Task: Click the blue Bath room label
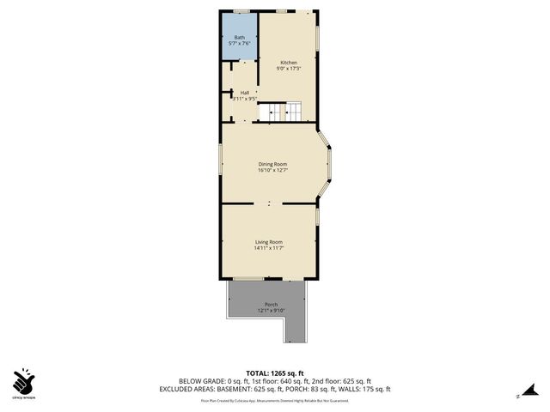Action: tap(240, 37)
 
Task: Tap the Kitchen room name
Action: tap(289, 63)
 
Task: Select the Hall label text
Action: tap(245, 93)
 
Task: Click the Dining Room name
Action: tap(272, 164)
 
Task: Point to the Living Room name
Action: tap(268, 242)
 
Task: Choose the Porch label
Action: tap(271, 305)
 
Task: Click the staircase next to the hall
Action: tap(283, 111)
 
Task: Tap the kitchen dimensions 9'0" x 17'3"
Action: tap(289, 69)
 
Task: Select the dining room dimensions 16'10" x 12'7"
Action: tap(272, 170)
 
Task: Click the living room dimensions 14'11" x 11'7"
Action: tap(268, 248)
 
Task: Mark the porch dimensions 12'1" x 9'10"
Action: tap(271, 311)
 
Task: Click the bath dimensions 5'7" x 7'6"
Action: tap(240, 43)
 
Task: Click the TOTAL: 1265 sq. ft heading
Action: tap(274, 373)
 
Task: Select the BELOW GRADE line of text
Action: tap(274, 380)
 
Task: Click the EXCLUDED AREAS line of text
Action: tap(274, 388)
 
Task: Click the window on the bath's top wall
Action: tap(241, 11)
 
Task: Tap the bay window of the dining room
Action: tap(327, 163)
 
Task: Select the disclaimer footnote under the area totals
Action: tap(274, 400)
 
